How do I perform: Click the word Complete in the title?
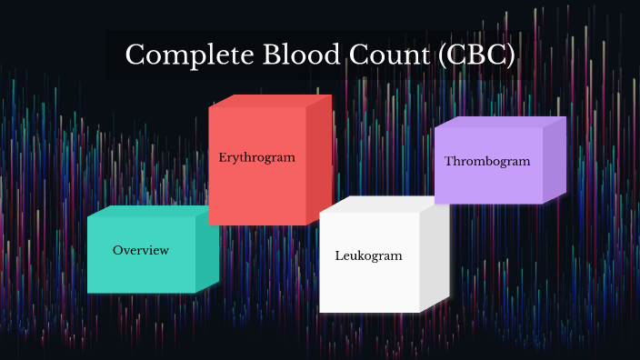pyautogui.click(x=175, y=55)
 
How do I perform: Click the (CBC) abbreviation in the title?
pyautogui.click(x=475, y=55)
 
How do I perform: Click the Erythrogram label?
pyautogui.click(x=256, y=157)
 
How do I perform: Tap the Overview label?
pyautogui.click(x=140, y=250)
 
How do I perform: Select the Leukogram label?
pyautogui.click(x=368, y=255)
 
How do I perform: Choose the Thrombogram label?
pyautogui.click(x=487, y=161)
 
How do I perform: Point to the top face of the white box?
pyautogui.click(x=381, y=205)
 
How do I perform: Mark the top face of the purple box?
pyautogui.click(x=499, y=122)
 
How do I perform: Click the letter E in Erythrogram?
pyautogui.click(x=222, y=157)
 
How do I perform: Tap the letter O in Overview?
pyautogui.click(x=117, y=250)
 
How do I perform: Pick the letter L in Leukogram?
pyautogui.click(x=338, y=255)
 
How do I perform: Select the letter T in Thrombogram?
pyautogui.click(x=448, y=161)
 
